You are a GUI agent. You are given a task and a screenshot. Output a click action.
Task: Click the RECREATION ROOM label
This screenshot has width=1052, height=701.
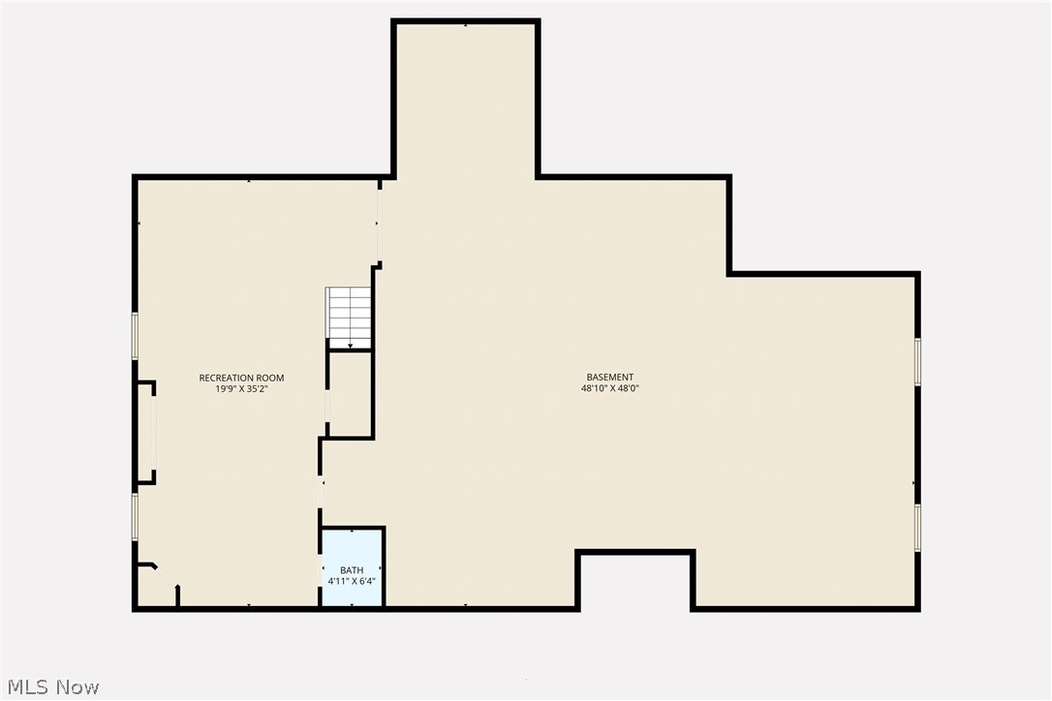tap(241, 378)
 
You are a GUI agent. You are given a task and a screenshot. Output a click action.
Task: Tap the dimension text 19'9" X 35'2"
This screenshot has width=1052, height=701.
tap(241, 389)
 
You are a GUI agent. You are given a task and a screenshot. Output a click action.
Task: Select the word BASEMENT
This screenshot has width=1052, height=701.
tap(609, 378)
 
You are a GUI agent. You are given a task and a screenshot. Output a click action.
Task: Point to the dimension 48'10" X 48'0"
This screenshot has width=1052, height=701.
tap(609, 389)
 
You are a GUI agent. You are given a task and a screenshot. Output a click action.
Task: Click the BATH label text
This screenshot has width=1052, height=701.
tap(352, 570)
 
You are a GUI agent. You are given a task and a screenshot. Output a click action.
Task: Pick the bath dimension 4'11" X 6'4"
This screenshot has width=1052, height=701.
tap(352, 582)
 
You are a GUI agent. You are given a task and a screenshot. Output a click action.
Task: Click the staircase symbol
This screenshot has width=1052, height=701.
tap(349, 317)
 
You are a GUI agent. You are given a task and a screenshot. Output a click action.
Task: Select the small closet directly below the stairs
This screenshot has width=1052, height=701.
tap(350, 394)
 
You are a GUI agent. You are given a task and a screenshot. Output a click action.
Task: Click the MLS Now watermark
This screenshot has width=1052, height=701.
tap(50, 687)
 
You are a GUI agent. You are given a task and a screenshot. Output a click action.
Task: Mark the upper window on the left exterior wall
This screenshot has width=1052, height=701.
tap(136, 335)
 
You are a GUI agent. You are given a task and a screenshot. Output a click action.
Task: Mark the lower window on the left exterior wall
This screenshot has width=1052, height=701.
tap(136, 515)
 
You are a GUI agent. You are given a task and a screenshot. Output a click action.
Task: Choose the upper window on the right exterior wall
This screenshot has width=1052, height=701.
tap(917, 361)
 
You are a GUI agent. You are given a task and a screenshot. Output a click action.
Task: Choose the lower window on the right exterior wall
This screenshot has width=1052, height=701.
tap(917, 528)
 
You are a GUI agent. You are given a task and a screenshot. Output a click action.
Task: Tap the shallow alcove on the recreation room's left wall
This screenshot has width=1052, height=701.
tap(146, 432)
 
